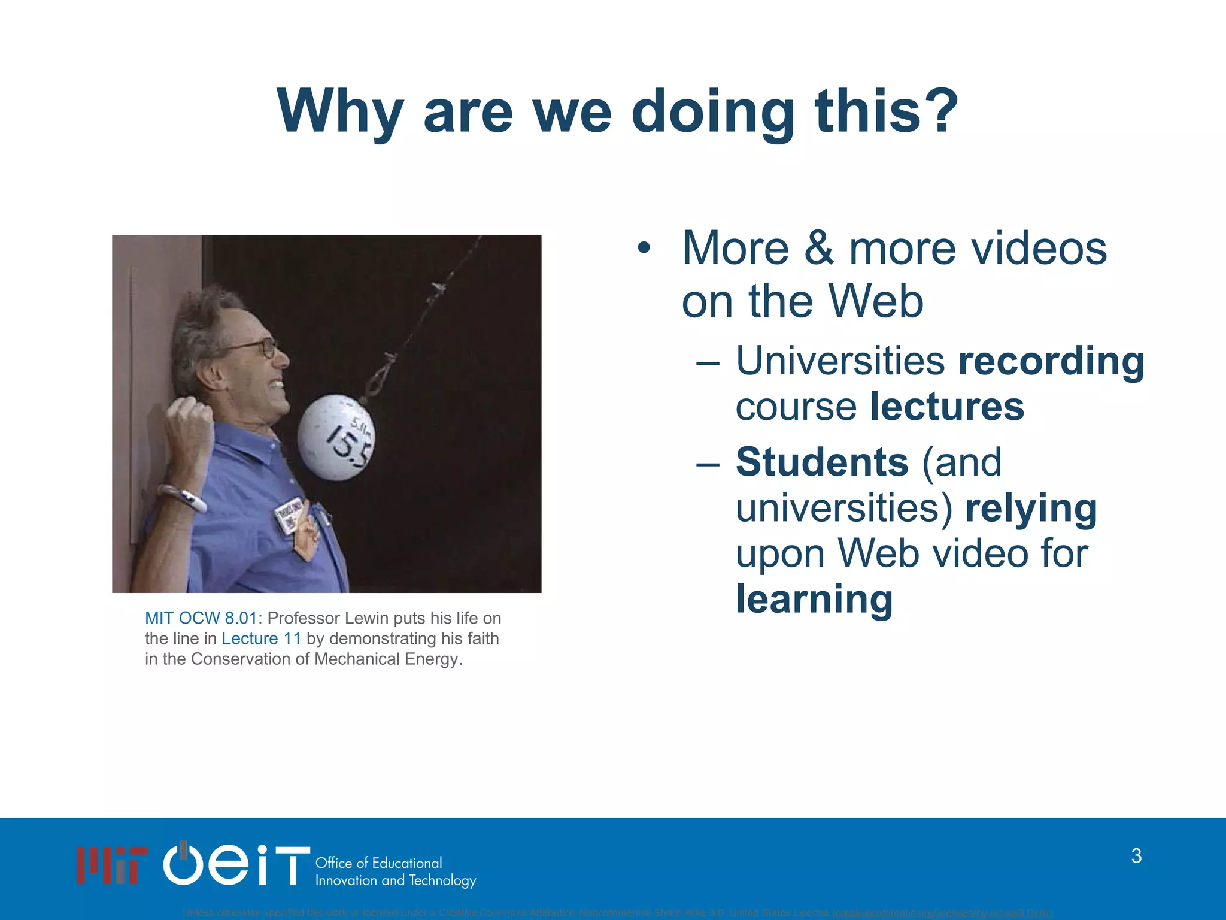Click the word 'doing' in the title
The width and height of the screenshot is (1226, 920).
(x=712, y=111)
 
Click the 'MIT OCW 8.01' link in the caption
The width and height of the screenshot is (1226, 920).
(x=201, y=618)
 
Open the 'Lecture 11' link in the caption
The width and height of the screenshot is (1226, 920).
(x=261, y=638)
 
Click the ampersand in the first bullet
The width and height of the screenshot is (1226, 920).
(x=818, y=249)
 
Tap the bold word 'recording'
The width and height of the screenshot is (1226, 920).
(x=1051, y=361)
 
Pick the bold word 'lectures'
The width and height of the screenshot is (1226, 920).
(x=947, y=407)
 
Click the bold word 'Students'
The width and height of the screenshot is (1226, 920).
(x=822, y=462)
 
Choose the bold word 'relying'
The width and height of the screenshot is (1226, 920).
(x=1031, y=509)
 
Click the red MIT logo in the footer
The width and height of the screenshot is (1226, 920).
(x=112, y=865)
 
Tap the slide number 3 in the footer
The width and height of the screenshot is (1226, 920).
(x=1136, y=856)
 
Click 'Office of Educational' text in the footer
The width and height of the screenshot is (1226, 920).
(x=378, y=863)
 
